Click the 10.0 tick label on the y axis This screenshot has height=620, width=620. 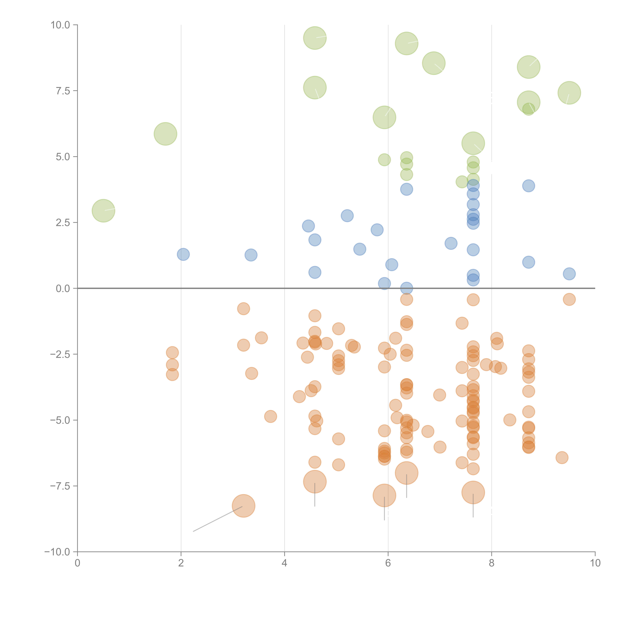pos(60,25)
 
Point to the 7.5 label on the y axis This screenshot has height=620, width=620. pos(63,91)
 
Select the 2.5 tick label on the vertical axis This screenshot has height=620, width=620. pos(63,223)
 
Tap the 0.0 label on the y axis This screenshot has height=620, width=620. pos(63,289)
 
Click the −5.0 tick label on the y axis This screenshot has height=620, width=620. pos(60,420)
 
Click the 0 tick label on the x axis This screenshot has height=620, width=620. pos(77,563)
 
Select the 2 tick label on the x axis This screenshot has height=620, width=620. pos(181,563)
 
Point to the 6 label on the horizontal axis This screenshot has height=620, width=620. pos(388,563)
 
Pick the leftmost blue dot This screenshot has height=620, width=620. pos(183,254)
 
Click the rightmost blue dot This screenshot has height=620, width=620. pos(569,274)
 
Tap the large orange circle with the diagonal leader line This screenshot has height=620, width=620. pos(244,506)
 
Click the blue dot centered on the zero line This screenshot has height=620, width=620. pos(407,288)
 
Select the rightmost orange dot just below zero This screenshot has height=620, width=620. pos(569,299)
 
